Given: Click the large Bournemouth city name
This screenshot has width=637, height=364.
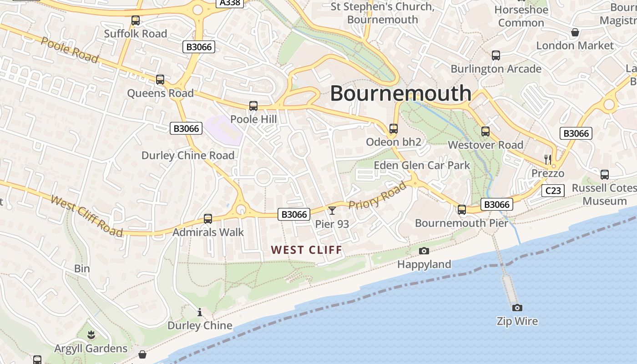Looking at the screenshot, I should point(400,93).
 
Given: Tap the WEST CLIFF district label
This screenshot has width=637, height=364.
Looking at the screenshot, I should point(306,250).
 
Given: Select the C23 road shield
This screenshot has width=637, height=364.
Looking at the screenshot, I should point(553,191).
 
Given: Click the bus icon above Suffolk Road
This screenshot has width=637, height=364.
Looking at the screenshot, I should point(135,20).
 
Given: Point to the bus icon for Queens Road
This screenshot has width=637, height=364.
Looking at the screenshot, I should point(160,80).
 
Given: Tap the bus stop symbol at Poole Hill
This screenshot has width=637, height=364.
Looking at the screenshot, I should point(253,106).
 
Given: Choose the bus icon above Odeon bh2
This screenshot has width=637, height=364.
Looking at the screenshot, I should point(394,129).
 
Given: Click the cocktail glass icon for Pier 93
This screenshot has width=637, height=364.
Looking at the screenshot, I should point(332,210).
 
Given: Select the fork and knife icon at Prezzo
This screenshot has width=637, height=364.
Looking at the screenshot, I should point(548,159).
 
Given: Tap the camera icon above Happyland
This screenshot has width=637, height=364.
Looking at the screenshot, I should point(424,251).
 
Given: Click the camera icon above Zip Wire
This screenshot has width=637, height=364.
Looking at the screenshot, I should point(517,308).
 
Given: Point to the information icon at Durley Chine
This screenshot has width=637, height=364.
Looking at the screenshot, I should point(199,312).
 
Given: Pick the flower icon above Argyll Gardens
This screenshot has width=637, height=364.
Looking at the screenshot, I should point(91,335).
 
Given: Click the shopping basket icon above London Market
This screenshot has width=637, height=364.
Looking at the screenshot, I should point(575,32).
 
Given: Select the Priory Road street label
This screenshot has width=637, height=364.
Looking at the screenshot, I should point(377,195).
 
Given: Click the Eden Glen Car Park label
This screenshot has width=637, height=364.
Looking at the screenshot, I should point(422,165).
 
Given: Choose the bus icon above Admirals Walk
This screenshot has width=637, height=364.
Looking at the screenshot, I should point(208,219).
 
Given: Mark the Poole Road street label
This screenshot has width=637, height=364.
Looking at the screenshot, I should point(69,50).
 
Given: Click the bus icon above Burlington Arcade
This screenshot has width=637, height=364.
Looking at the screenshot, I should point(496,56).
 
